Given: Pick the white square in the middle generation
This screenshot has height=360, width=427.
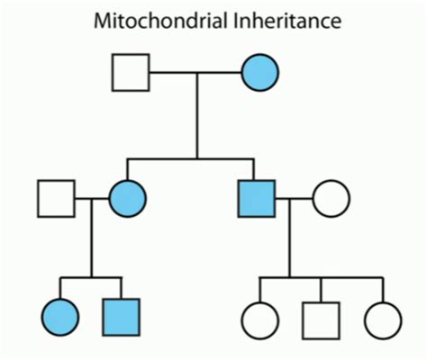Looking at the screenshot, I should [x=57, y=197].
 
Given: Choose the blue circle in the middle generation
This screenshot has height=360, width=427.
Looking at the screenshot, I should [x=127, y=197].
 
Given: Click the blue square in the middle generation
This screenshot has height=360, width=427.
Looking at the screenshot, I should [x=257, y=197].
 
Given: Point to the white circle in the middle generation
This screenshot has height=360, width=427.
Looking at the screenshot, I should [x=329, y=197].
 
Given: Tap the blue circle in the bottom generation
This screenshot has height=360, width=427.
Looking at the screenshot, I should [x=60, y=316].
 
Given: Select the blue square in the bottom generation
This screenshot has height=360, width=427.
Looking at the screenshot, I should [x=122, y=316].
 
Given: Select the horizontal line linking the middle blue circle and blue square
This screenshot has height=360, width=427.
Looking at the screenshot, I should [x=194, y=160].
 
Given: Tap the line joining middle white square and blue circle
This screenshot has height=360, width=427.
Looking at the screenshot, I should [x=91, y=197].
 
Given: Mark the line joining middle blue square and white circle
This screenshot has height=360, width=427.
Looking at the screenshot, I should [x=293, y=197].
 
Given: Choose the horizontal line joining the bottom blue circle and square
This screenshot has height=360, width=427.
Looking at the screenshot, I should [x=90, y=277].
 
